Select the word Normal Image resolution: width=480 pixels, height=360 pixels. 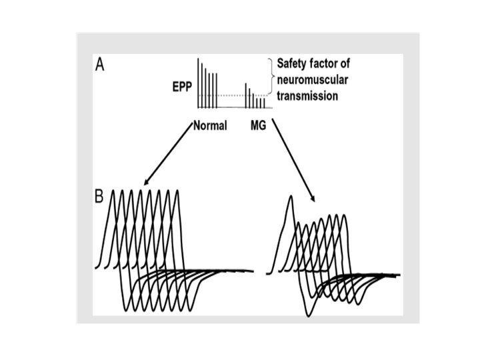(210, 125)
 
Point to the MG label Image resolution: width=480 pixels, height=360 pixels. (258, 125)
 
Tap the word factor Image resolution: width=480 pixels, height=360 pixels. (333, 64)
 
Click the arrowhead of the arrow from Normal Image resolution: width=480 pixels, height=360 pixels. (145, 181)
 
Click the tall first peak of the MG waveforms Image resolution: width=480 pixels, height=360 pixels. (291, 197)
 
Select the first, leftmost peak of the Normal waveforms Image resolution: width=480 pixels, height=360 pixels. (114, 191)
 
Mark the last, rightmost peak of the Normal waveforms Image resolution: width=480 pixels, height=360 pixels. (177, 191)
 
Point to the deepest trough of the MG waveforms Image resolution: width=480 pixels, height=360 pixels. (308, 315)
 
